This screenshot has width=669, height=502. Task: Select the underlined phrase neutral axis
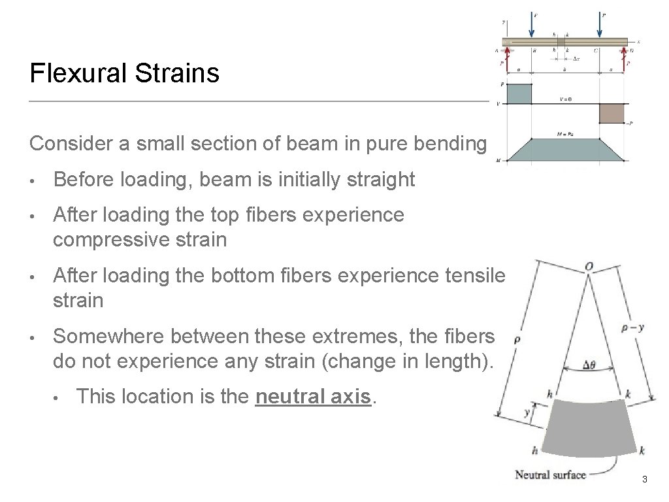click(x=314, y=397)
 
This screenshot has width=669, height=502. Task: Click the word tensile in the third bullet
click(x=479, y=276)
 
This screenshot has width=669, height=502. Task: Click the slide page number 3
click(x=644, y=480)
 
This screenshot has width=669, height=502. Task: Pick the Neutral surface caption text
click(x=550, y=475)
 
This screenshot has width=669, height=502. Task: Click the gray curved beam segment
click(x=588, y=428)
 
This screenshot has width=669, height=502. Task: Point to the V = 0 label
click(x=564, y=99)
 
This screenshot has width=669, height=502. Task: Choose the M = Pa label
click(x=565, y=134)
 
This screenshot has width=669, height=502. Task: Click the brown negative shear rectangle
click(x=612, y=113)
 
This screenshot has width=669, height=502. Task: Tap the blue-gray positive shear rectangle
click(x=519, y=93)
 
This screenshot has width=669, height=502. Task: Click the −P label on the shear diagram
click(x=632, y=122)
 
